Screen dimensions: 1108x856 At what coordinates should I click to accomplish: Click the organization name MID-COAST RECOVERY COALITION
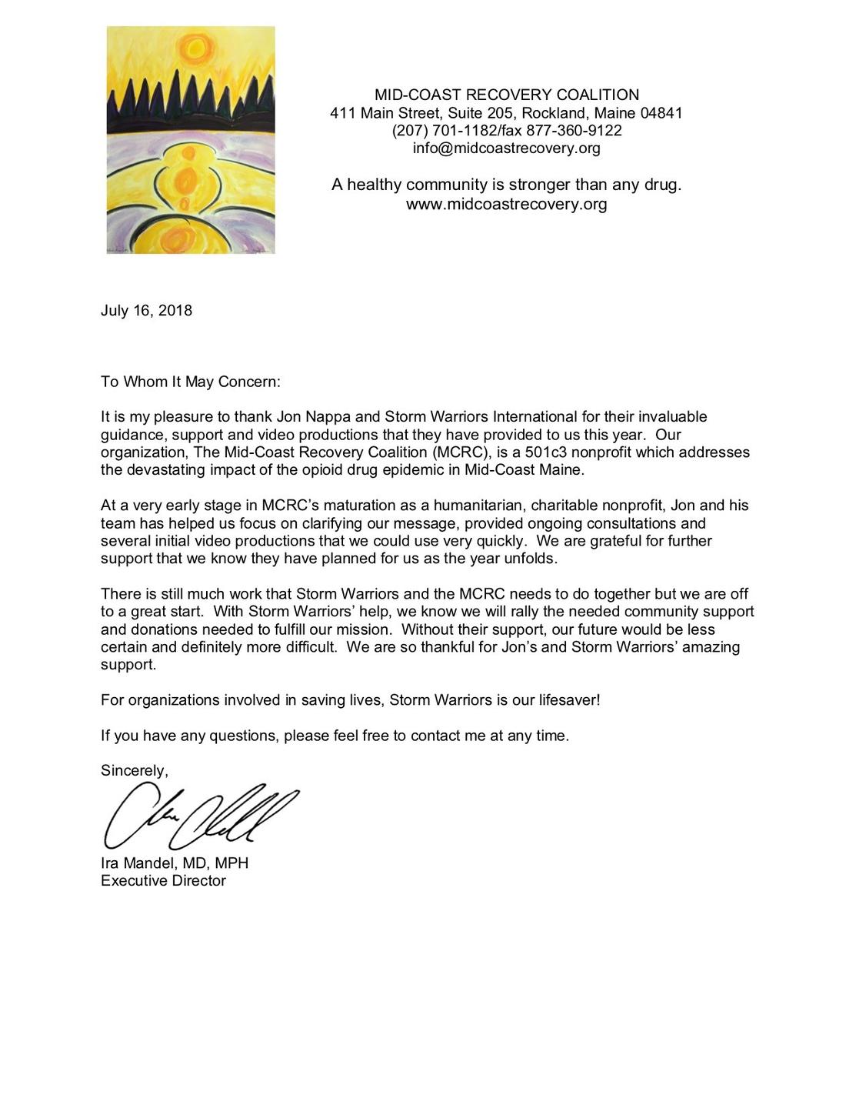(x=506, y=95)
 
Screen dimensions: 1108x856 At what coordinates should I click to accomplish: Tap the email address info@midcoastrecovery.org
(x=506, y=148)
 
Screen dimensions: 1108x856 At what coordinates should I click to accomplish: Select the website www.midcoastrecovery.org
(x=506, y=204)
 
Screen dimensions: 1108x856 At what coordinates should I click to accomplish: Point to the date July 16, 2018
(x=146, y=311)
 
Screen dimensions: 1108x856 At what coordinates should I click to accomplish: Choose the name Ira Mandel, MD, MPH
(x=175, y=863)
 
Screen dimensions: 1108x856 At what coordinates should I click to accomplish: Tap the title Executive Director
(x=163, y=881)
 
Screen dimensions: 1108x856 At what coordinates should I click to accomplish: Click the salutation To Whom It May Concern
(x=191, y=382)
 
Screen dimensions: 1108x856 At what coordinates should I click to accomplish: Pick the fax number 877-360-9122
(x=574, y=131)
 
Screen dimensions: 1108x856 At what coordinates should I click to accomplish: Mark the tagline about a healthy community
(x=506, y=185)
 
